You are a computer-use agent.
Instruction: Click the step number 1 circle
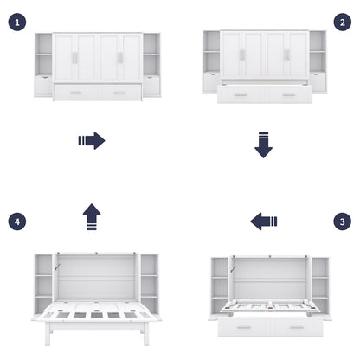click(x=18, y=22)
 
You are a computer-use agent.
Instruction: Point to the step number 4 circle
click(x=18, y=222)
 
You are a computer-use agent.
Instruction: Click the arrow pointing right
click(x=91, y=140)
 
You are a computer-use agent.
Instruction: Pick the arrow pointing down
click(x=263, y=145)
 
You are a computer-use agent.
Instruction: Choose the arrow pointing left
click(x=263, y=222)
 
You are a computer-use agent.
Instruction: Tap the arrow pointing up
click(x=91, y=216)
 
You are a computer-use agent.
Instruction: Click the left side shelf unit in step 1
click(x=43, y=65)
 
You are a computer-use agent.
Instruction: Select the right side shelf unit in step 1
click(x=151, y=65)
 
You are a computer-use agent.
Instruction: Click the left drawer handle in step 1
click(x=75, y=92)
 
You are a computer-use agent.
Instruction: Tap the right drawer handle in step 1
click(x=119, y=92)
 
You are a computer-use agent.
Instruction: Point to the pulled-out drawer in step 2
click(x=264, y=94)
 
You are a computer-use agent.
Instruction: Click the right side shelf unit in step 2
click(x=318, y=62)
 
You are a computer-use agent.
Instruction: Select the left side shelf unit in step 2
click(x=211, y=62)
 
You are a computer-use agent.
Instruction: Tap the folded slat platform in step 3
click(x=267, y=307)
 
